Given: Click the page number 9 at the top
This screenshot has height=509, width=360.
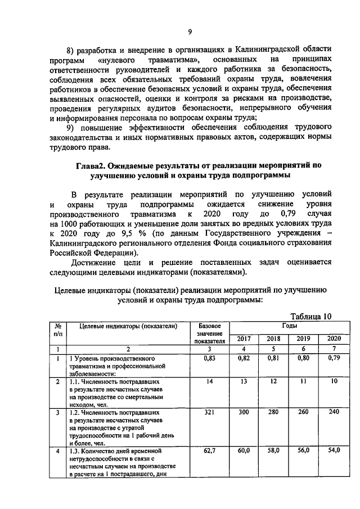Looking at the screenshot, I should click(190, 31).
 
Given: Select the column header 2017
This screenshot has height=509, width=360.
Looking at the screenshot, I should click(244, 339).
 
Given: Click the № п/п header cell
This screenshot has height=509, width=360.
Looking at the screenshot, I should click(58, 330).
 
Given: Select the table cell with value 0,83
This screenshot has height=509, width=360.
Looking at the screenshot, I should click(209, 357).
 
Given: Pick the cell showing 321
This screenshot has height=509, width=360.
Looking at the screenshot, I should click(209, 413).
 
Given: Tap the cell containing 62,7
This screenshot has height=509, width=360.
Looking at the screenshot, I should click(209, 451).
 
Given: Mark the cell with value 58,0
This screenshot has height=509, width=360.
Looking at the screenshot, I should click(273, 451).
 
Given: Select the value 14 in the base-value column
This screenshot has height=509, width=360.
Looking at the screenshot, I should click(209, 382).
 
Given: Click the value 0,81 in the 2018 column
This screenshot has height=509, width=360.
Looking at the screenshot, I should click(273, 357).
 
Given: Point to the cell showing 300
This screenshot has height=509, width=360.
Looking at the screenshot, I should click(244, 413).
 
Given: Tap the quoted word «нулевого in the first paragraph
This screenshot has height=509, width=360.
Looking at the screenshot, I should click(119, 59).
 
